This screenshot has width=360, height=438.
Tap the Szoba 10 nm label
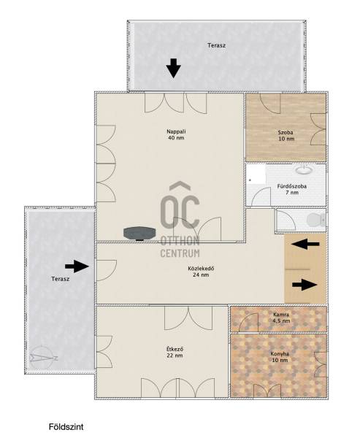click(286, 136)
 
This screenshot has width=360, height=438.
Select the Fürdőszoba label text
click(292, 186)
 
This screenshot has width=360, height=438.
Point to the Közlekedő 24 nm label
click(201, 272)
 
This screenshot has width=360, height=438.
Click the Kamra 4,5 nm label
click(281, 318)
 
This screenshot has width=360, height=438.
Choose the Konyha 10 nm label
click(280, 357)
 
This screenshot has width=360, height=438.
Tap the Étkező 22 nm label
click(175, 353)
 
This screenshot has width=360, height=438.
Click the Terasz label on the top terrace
click(216, 45)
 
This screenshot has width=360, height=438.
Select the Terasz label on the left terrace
click(61, 279)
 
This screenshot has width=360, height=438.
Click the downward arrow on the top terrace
click(174, 68)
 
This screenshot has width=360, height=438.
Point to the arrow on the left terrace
click(77, 266)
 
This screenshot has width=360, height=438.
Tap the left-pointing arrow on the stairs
click(305, 244)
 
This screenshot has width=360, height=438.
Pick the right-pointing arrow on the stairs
click(305, 285)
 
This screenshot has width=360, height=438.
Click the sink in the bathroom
click(304, 169)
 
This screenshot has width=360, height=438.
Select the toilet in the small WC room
click(316, 220)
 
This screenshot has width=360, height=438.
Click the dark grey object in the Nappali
click(139, 234)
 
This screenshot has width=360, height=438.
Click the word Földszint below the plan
click(66, 427)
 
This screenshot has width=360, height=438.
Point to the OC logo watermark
click(180, 219)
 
